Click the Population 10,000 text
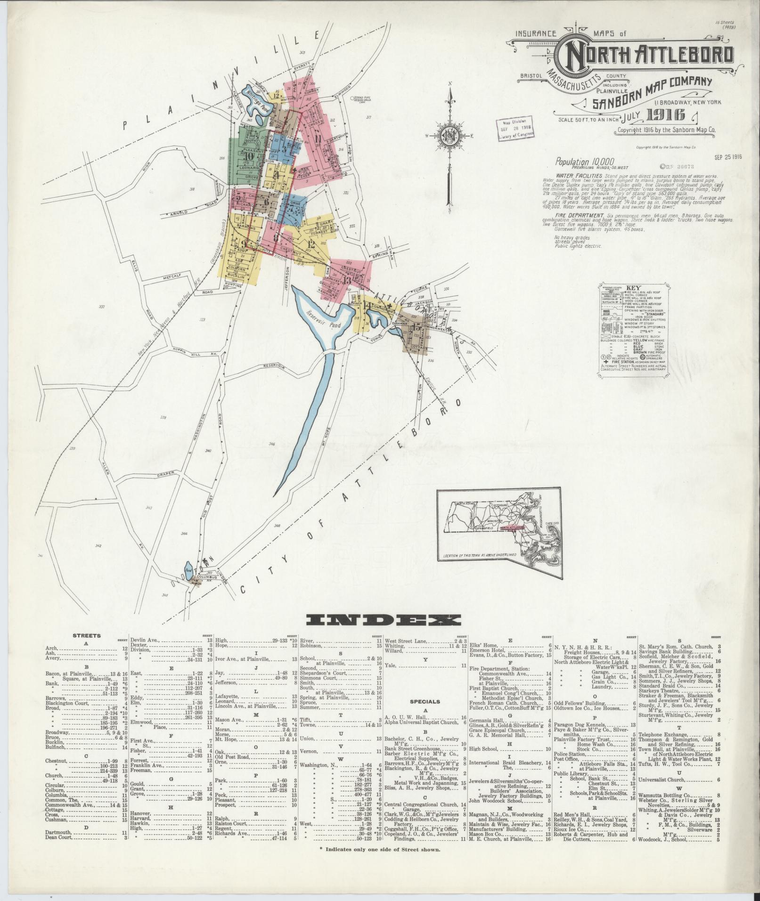[x=585, y=161]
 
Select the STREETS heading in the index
[x=88, y=635]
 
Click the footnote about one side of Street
[x=380, y=849]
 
